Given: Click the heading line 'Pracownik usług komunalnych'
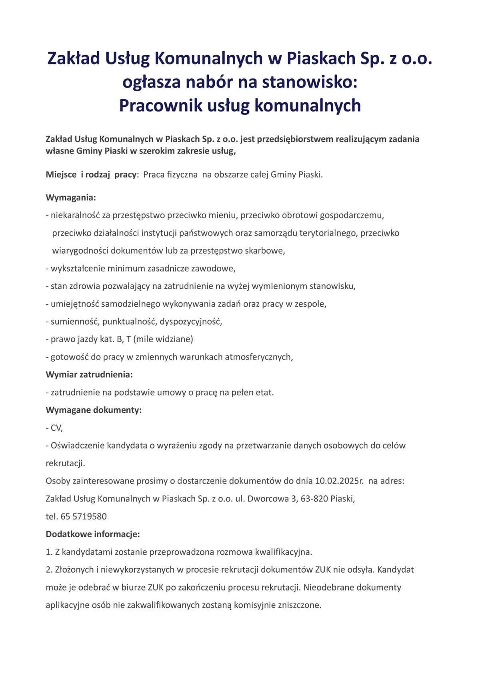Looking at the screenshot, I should (240, 106).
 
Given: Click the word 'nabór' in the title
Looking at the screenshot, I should (208, 82).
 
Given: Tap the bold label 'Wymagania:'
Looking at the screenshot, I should (71, 198).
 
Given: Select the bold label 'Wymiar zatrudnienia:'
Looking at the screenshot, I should (89, 375).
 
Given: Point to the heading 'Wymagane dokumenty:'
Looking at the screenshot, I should (94, 410).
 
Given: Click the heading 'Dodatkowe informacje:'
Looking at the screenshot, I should (93, 534).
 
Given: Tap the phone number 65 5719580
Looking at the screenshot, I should (84, 516).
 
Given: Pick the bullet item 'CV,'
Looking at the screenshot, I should (56, 428).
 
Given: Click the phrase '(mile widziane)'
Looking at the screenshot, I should (163, 339).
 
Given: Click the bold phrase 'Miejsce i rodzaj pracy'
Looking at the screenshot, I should (91, 175).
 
